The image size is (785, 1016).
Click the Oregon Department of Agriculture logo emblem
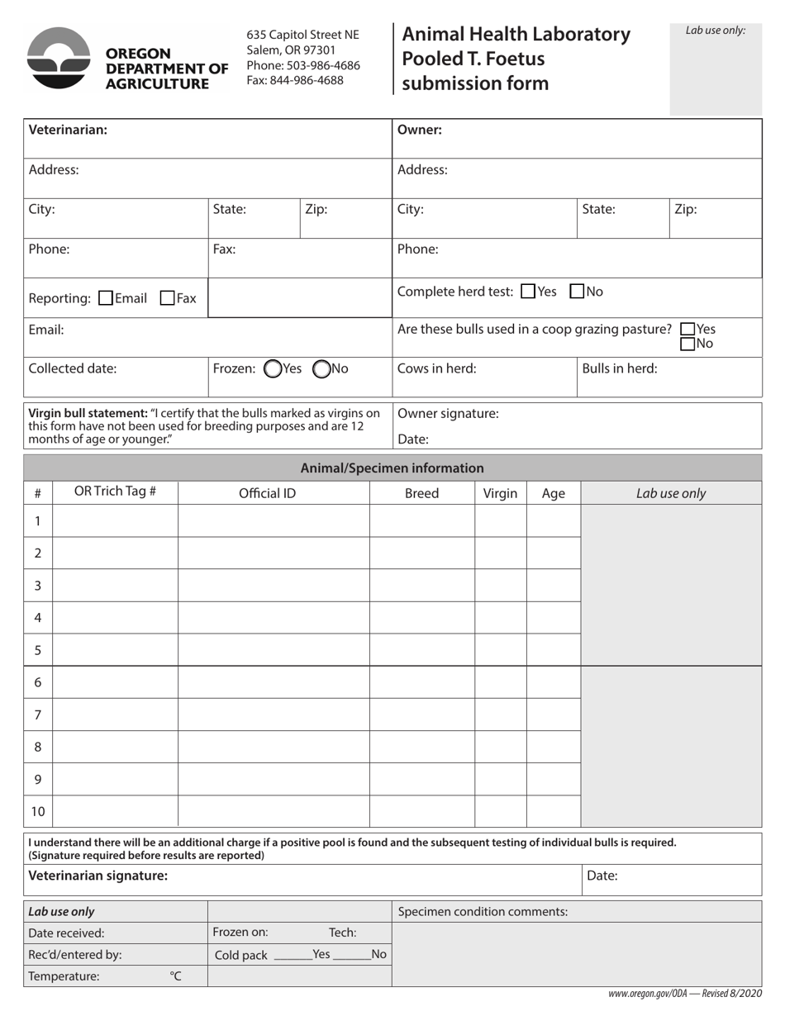pyautogui.click(x=59, y=58)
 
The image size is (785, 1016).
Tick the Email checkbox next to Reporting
pyautogui.click(x=106, y=297)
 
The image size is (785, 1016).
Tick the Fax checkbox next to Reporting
pyautogui.click(x=167, y=297)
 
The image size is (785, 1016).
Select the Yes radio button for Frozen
pyautogui.click(x=272, y=369)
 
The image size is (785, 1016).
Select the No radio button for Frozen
pyautogui.click(x=322, y=369)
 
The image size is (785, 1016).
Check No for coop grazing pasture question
pyautogui.click(x=687, y=343)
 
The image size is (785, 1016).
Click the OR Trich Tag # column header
pyautogui.click(x=115, y=492)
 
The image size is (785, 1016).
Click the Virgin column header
pyautogui.click(x=500, y=493)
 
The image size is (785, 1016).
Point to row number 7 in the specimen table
pyautogui.click(x=38, y=715)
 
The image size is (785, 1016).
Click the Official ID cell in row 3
pyautogui.click(x=274, y=585)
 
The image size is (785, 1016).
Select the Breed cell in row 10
pyautogui.click(x=421, y=811)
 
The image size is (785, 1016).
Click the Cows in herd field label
pyautogui.click(x=437, y=369)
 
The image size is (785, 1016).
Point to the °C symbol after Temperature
pyautogui.click(x=175, y=976)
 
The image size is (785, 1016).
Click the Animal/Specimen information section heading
pyautogui.click(x=392, y=468)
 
